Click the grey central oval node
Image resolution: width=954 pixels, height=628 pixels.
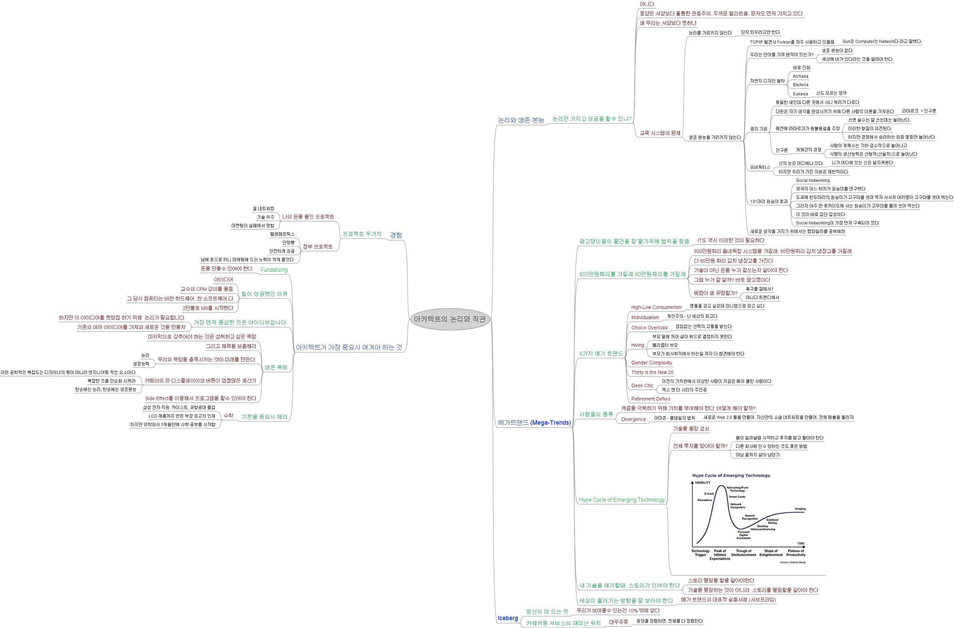450,319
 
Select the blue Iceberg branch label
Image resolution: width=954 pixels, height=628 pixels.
507,618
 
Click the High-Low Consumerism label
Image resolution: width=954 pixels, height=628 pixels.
656,307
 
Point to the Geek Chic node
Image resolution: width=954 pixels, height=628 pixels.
642,386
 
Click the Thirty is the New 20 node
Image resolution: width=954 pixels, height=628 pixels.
652,372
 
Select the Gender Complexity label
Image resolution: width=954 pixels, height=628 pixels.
651,362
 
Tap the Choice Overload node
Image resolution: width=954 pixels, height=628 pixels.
649,328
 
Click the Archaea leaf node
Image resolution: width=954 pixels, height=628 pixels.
800,76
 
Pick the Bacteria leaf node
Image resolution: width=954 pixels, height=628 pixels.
800,84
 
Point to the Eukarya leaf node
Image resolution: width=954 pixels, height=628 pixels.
800,94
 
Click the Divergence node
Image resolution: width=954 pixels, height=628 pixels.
633,419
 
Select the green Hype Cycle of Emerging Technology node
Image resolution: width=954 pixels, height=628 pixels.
622,500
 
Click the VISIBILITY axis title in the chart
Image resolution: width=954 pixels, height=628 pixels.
702,483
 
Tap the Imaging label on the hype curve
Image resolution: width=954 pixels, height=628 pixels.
800,509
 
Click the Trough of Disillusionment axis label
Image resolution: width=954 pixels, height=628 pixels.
744,553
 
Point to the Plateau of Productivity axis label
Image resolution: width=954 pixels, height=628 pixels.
796,553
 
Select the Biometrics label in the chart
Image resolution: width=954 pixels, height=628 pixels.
705,500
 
